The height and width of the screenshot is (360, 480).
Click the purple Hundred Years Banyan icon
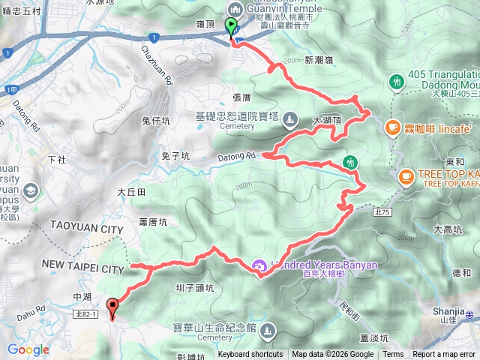point(260,265)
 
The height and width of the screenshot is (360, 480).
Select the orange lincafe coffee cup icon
point(391,128)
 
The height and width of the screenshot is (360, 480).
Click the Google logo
point(28,349)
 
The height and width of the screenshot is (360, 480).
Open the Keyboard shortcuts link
point(250,355)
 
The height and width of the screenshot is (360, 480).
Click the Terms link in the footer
point(393,355)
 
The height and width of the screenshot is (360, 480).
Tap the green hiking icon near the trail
point(349,161)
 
